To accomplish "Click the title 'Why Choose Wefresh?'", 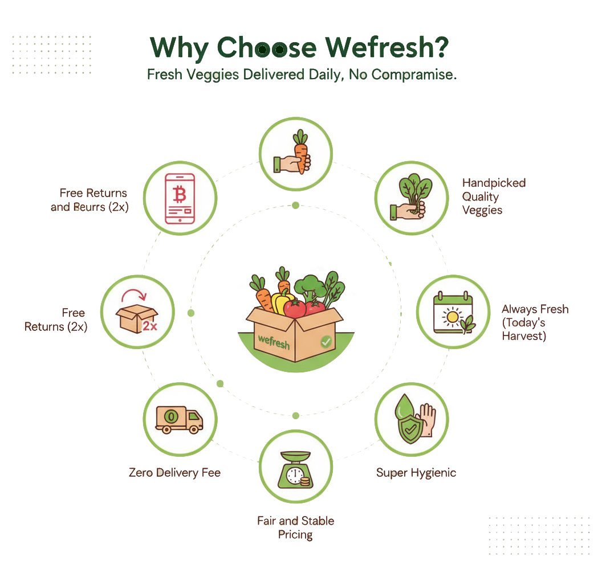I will (298, 48).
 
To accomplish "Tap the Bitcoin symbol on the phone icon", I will (180, 195).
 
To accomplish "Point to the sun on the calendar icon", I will (453, 316).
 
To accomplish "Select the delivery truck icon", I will (179, 420).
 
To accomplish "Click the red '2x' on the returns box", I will (150, 326).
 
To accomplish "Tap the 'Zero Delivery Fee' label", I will (174, 472).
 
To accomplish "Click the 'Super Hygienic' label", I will (416, 472).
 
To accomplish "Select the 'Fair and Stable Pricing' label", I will (295, 527).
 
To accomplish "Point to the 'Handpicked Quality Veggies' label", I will (486, 196).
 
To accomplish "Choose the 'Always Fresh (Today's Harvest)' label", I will (534, 322).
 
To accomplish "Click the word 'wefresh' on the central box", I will (274, 340).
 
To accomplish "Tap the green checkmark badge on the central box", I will (326, 342).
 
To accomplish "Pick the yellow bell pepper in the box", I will (282, 301).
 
